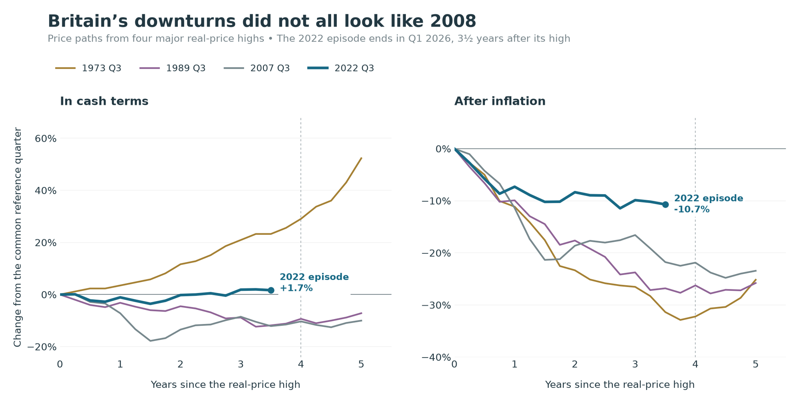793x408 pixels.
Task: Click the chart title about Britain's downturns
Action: [x=262, y=21]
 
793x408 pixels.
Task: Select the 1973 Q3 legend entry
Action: [x=88, y=68]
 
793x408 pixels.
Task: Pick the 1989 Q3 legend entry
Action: [x=172, y=68]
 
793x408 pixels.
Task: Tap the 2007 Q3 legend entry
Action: [x=257, y=68]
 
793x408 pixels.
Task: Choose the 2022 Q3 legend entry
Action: [x=341, y=68]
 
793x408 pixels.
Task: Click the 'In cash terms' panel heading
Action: [x=104, y=101]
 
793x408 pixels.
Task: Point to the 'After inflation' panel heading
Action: [x=500, y=101]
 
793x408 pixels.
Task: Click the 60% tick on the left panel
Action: [x=46, y=139]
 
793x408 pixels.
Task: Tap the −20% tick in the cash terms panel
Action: [x=42, y=347]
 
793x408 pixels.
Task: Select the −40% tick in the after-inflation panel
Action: [x=436, y=357]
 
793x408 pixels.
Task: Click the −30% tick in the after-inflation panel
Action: [x=436, y=305]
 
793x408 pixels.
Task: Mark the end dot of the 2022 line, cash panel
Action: [x=271, y=290]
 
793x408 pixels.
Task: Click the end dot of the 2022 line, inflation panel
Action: [x=665, y=205]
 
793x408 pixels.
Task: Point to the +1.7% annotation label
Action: [x=296, y=288]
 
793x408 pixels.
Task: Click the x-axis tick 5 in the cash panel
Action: [x=361, y=364]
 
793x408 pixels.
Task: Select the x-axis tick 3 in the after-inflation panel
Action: [x=635, y=364]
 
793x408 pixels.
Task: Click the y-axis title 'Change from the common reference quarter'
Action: [x=18, y=237]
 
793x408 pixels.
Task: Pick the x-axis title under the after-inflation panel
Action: [x=620, y=385]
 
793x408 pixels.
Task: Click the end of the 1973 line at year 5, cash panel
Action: [x=361, y=158]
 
